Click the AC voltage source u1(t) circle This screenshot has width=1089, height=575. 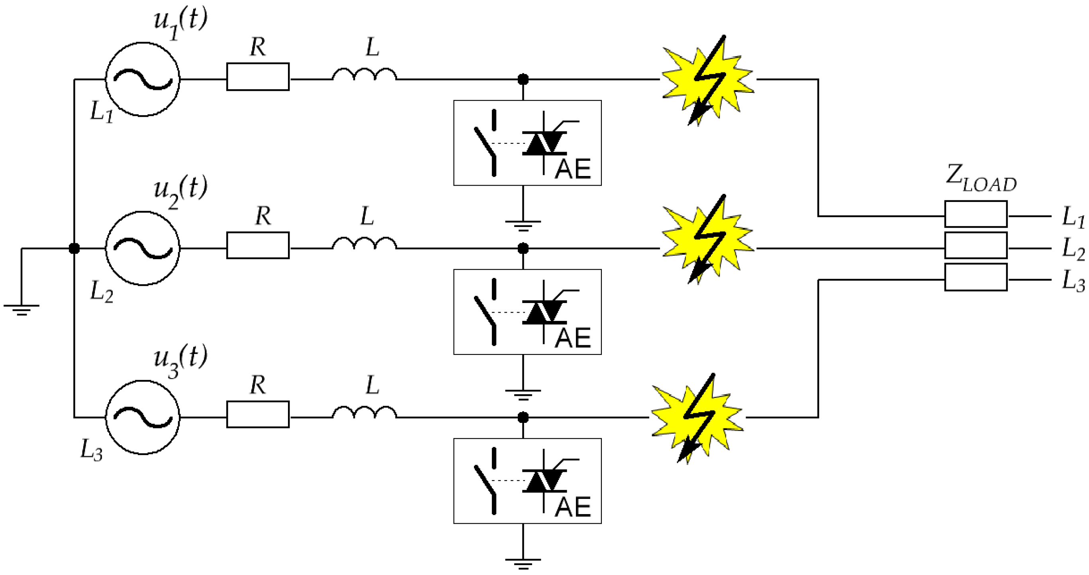pyautogui.click(x=143, y=79)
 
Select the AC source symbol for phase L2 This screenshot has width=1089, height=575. pyautogui.click(x=143, y=248)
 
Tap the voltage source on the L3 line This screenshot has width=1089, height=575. pyautogui.click(x=143, y=417)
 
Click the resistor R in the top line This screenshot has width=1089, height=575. pyautogui.click(x=258, y=76)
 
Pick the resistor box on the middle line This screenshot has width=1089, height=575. pyautogui.click(x=258, y=245)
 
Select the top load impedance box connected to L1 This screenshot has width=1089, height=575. pyautogui.click(x=976, y=214)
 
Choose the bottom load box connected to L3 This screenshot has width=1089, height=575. pyautogui.click(x=976, y=277)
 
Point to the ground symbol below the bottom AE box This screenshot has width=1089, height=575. pyautogui.click(x=523, y=563)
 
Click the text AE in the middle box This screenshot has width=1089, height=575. pyautogui.click(x=573, y=338)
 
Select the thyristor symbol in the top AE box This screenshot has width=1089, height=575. pyautogui.click(x=544, y=143)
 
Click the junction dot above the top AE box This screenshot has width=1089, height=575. pyautogui.click(x=523, y=79)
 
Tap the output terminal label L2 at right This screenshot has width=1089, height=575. pyautogui.click(x=1073, y=248)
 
